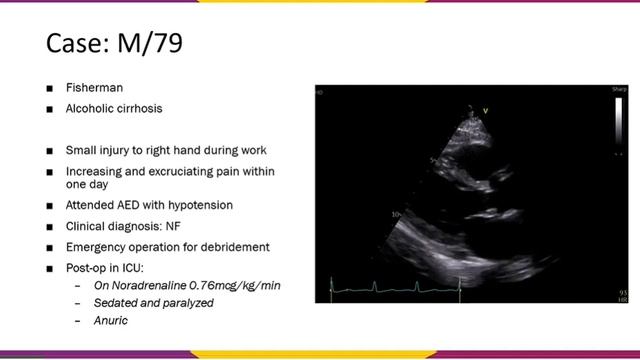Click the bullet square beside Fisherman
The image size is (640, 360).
point(49,88)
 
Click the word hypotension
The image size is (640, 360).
point(204,205)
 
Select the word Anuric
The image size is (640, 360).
point(111,321)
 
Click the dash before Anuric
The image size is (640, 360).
point(78,321)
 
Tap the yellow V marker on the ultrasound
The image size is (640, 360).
point(486,110)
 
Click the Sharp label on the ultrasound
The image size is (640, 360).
point(620,90)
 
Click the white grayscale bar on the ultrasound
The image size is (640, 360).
point(619,120)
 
